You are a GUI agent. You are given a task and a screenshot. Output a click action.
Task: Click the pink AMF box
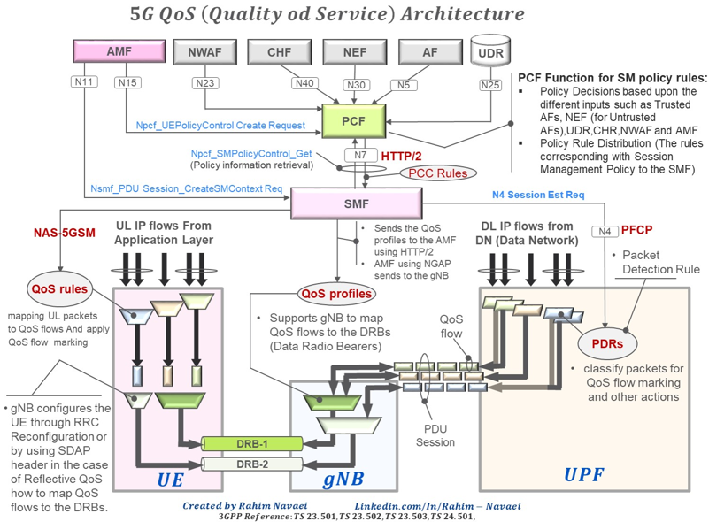(119, 52)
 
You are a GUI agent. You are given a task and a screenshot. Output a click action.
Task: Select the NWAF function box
(204, 53)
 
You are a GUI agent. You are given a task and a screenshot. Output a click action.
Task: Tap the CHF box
(279, 53)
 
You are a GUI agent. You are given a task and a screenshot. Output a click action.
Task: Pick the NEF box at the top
(355, 53)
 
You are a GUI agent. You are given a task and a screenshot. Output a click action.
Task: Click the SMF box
(355, 203)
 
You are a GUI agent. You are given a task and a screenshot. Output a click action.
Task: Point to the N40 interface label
(304, 84)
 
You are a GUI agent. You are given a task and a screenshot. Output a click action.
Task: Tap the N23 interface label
(204, 84)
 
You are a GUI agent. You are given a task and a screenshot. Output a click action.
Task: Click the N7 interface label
(360, 154)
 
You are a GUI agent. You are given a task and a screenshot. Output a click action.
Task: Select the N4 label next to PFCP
(605, 232)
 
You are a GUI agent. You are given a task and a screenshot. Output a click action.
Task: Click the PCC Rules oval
(438, 173)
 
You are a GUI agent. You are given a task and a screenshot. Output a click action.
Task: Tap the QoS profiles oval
(335, 293)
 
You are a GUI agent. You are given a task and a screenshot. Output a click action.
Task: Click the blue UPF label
(585, 475)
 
